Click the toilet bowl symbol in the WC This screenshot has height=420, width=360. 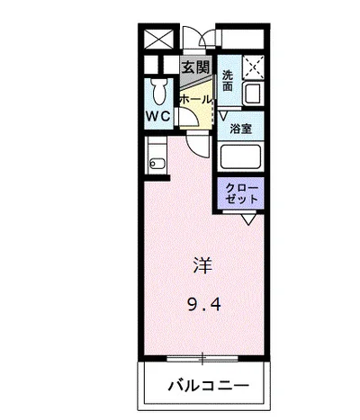click(159, 91)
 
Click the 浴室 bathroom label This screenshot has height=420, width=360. click(240, 129)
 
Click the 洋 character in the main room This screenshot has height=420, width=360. click(202, 265)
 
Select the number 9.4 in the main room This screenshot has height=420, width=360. click(202, 303)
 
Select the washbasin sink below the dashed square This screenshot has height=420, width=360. click(251, 93)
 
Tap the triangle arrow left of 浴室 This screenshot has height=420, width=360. click(222, 115)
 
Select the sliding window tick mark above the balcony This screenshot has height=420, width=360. click(203, 360)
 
